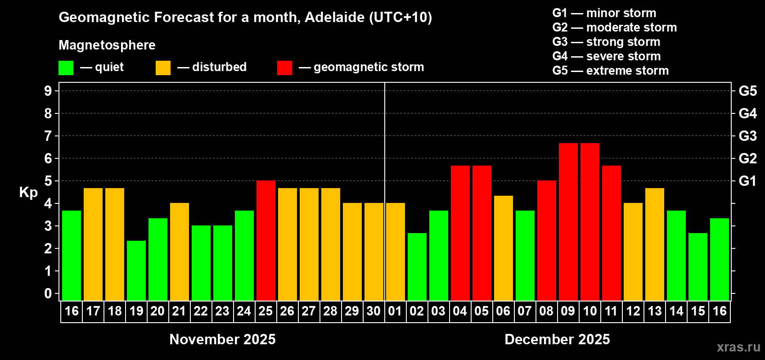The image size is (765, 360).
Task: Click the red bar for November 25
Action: [x=265, y=240]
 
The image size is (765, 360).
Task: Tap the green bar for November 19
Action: [x=136, y=270]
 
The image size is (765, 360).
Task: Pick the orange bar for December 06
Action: [x=503, y=248]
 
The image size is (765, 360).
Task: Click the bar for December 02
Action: [x=417, y=266]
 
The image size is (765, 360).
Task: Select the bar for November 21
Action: [x=180, y=252]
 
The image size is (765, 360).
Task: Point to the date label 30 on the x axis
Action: [x=373, y=311]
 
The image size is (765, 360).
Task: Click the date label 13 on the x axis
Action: [x=654, y=311]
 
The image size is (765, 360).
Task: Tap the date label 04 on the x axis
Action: [x=460, y=311]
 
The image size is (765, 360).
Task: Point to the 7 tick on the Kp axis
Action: [x=48, y=136]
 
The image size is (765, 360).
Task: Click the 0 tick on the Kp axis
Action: [x=48, y=293]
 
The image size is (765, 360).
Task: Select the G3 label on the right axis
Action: [x=747, y=136]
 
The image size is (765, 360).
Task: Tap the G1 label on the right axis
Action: [x=747, y=181]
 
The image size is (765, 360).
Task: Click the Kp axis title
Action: [x=28, y=192]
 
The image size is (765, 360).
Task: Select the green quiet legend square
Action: [x=66, y=68]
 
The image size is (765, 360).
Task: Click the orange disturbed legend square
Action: [x=163, y=68]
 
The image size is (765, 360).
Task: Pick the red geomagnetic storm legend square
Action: [x=284, y=68]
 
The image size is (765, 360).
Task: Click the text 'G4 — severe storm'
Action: [x=606, y=56]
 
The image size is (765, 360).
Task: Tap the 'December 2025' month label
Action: [x=557, y=339]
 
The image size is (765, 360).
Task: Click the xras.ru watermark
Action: [x=738, y=347]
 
